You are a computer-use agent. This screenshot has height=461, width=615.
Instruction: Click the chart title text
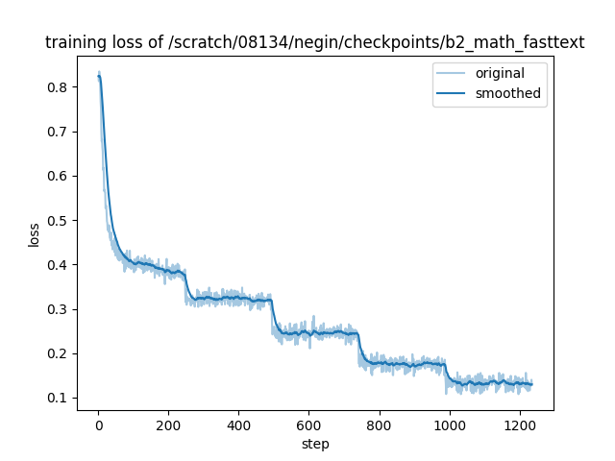[x=315, y=43]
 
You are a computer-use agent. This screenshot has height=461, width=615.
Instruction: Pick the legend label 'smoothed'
[x=508, y=93]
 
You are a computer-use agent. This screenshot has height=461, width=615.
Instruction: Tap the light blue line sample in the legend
[x=453, y=74]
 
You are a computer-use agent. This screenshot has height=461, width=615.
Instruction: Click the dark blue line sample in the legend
[x=453, y=93]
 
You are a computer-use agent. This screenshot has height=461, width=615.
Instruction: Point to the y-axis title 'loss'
[x=35, y=234]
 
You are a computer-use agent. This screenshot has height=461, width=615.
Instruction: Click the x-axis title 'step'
[x=315, y=444]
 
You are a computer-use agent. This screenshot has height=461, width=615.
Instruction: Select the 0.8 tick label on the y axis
[x=58, y=87]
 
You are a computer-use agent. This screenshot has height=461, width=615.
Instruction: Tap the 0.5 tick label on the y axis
[x=58, y=221]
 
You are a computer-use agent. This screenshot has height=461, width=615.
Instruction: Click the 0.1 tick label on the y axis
[x=58, y=398]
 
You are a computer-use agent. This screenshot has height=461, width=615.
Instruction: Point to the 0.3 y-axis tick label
[x=58, y=309]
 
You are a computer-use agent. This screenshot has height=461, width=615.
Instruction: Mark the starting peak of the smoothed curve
[x=99, y=77]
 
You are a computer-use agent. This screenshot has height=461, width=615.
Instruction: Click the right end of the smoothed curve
[x=531, y=384]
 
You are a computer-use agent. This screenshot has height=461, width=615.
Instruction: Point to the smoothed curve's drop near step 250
[x=187, y=286]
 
